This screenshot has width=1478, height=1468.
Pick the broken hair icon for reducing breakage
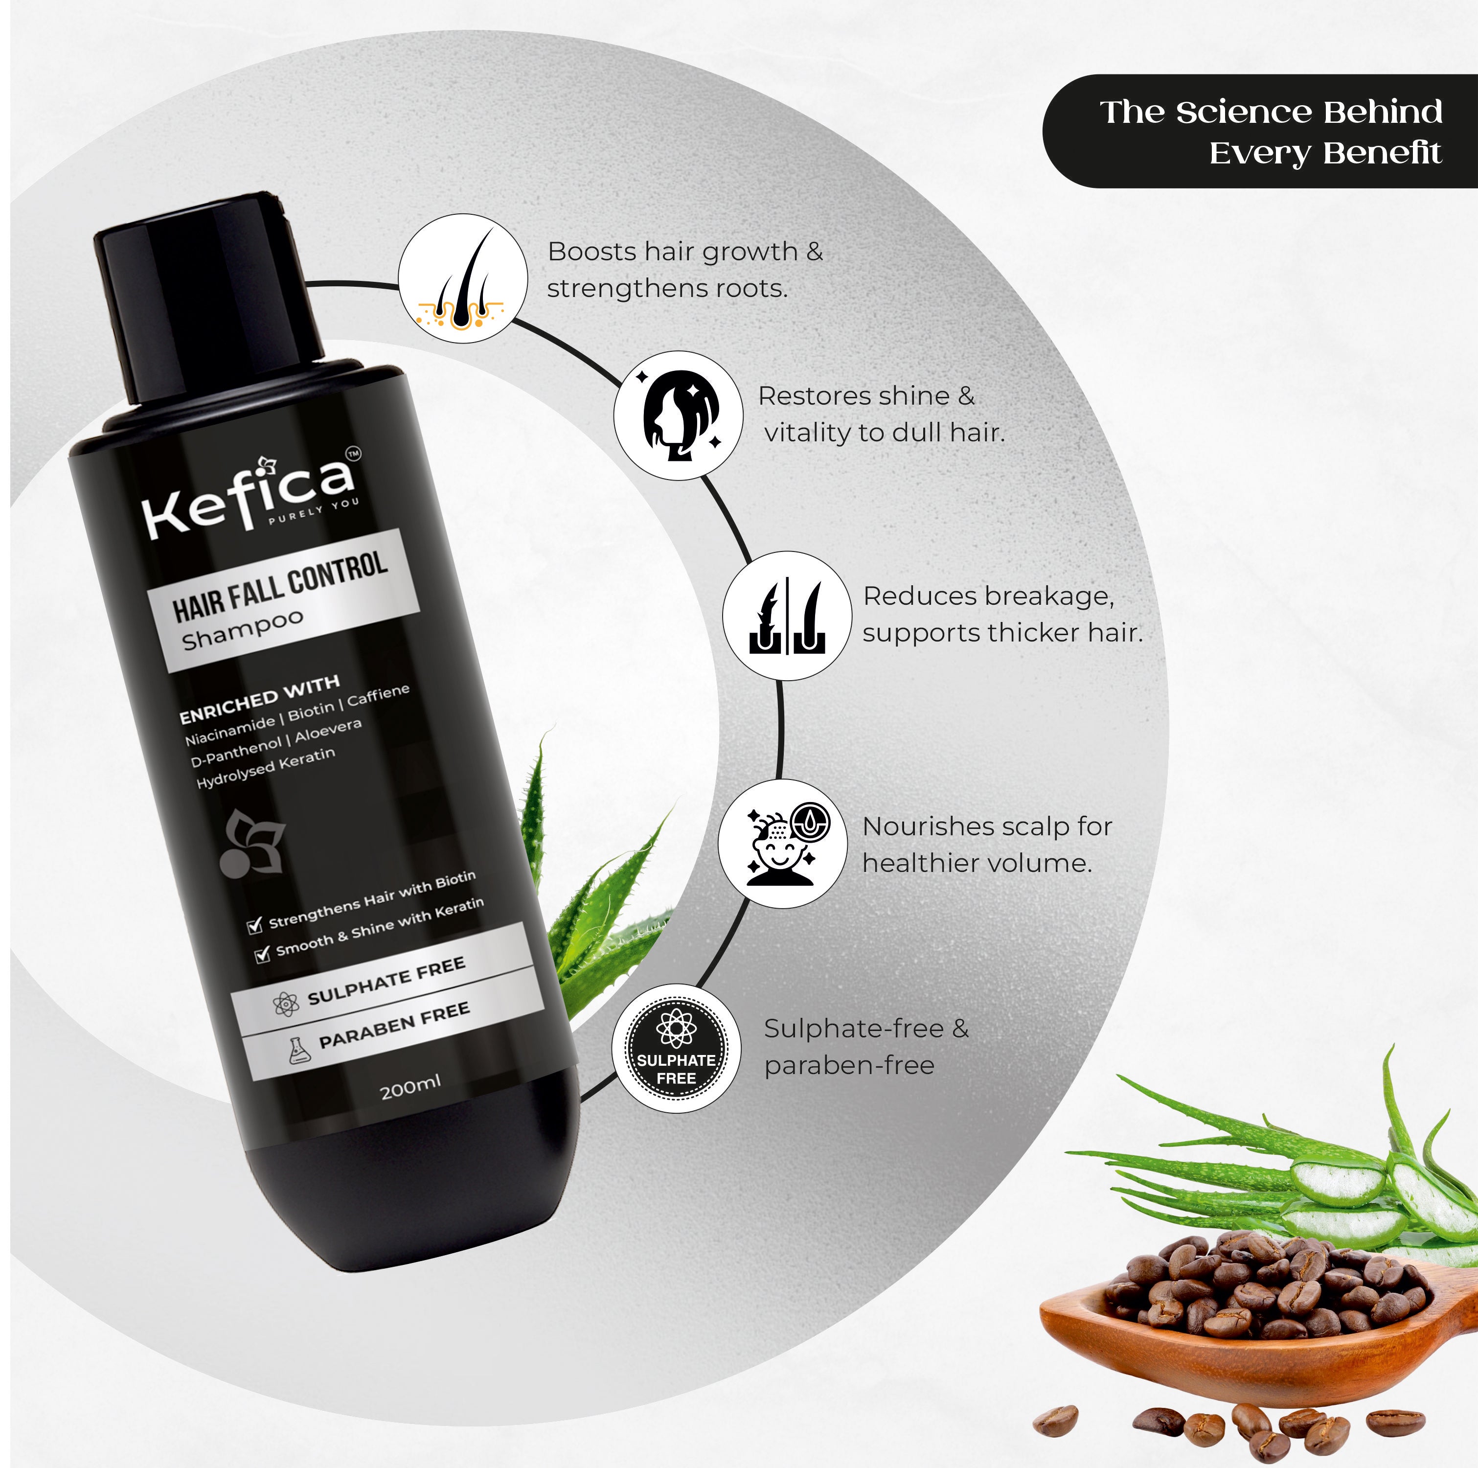[x=786, y=616]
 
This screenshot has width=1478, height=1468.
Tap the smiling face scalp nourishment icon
[x=782, y=844]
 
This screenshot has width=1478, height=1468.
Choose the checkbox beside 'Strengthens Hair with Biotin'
[x=255, y=926]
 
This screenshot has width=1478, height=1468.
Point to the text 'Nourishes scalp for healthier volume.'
[x=986, y=845]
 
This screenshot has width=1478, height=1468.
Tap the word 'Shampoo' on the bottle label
[x=243, y=630]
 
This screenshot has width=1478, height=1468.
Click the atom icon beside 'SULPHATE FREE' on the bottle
[x=286, y=1004]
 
